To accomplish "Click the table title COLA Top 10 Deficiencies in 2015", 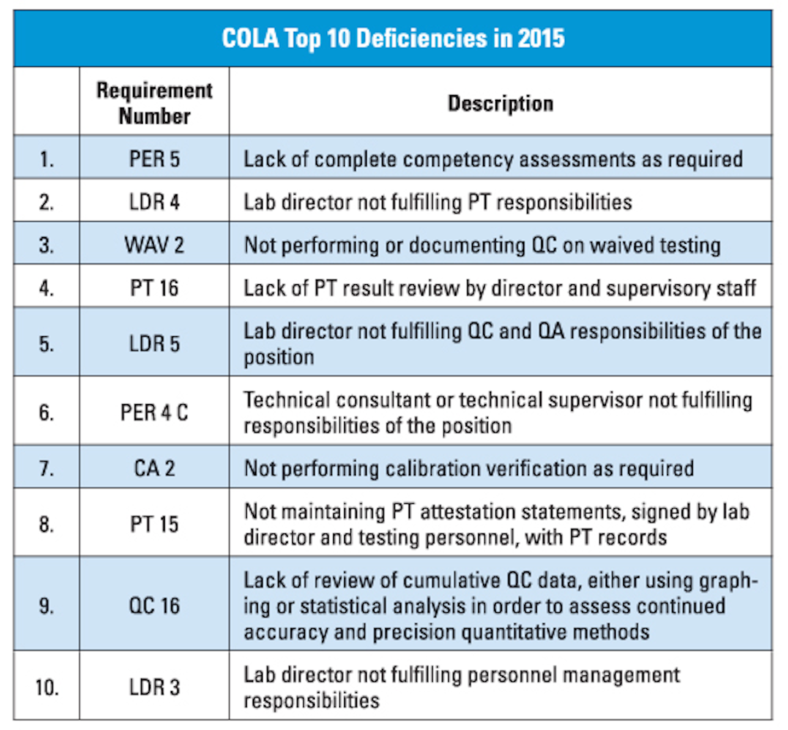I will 393,39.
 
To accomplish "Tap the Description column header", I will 500,104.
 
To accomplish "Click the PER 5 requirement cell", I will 154,159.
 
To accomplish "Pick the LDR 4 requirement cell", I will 154,202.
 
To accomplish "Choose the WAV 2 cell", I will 154,245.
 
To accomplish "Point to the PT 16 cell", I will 154,288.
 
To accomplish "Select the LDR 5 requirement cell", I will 154,343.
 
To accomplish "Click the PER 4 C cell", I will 154,412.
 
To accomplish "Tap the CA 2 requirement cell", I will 154,469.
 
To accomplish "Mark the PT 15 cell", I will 154,524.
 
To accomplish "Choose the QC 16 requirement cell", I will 154,606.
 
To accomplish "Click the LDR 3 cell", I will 154,687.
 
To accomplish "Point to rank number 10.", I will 47,687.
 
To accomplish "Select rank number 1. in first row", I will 47,159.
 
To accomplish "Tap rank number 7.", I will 47,469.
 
